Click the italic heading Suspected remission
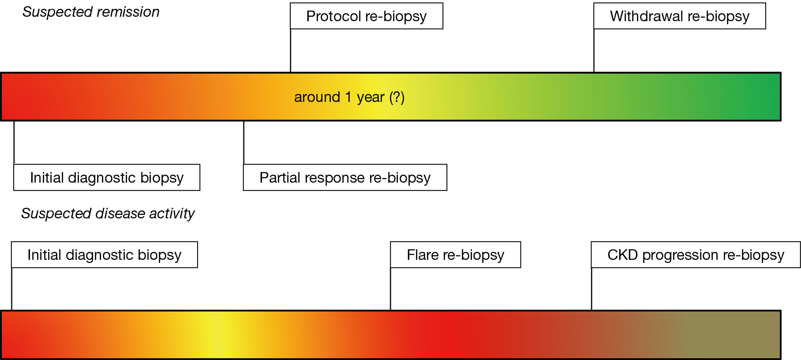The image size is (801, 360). (x=91, y=12)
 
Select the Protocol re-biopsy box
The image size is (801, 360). (x=367, y=16)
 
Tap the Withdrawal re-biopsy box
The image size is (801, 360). (x=680, y=16)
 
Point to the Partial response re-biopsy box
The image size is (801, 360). (x=345, y=177)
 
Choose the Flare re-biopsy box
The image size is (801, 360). (x=456, y=255)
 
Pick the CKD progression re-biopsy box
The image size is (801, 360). (x=696, y=255)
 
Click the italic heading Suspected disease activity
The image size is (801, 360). (x=108, y=214)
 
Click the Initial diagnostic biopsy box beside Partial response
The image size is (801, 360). (x=107, y=177)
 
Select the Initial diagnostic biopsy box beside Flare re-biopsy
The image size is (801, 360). (x=105, y=255)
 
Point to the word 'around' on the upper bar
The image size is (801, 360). (x=317, y=97)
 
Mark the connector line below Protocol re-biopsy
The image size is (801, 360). (x=291, y=51)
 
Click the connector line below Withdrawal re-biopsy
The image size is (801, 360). (x=594, y=51)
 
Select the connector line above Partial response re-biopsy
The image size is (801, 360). (x=244, y=142)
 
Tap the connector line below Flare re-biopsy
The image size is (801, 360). (x=391, y=289)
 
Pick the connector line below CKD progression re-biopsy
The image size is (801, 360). (x=591, y=289)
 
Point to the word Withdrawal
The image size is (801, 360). (x=647, y=16)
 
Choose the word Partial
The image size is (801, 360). (x=277, y=177)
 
